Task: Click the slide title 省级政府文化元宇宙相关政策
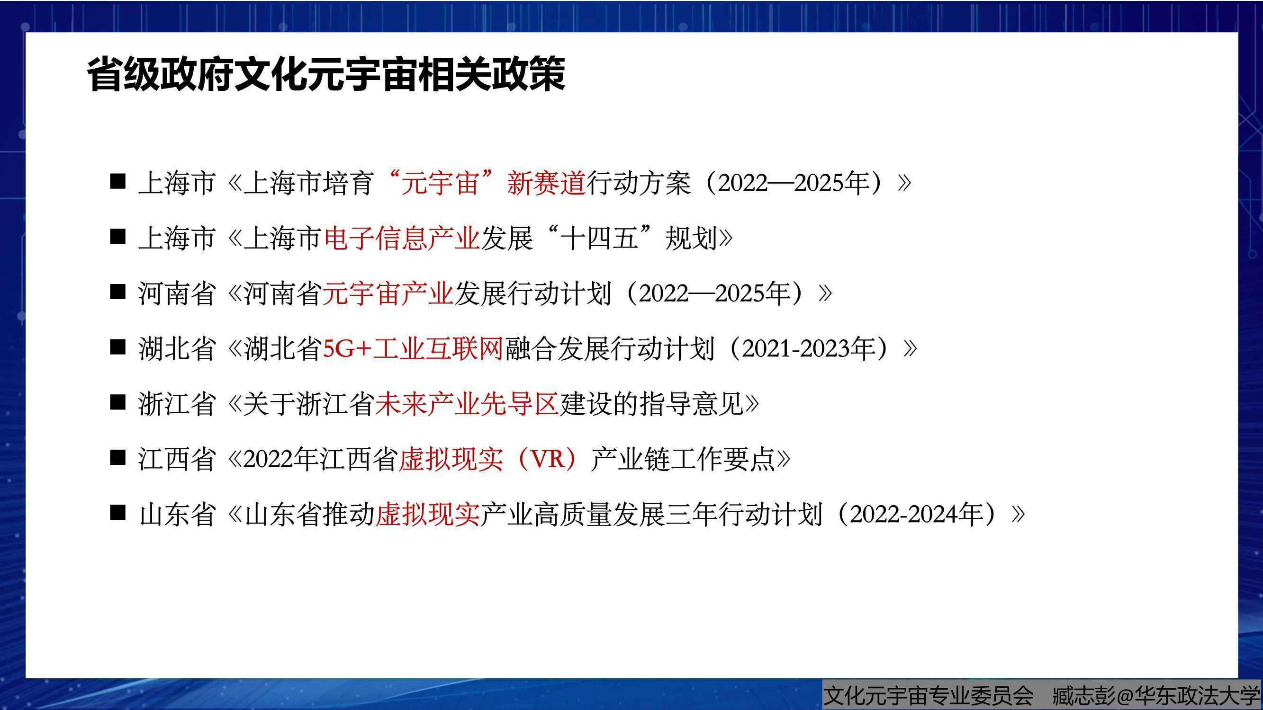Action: click(x=326, y=74)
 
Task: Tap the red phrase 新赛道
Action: click(x=547, y=183)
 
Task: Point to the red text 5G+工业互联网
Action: click(x=413, y=348)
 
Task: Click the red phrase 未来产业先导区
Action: click(x=467, y=404)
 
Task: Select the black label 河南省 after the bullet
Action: click(x=177, y=293)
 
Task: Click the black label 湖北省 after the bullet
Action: click(x=177, y=348)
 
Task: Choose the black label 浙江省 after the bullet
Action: click(x=177, y=404)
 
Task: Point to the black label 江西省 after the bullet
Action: click(x=177, y=459)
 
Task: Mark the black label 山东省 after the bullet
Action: click(x=177, y=515)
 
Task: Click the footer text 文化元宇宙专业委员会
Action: click(x=928, y=695)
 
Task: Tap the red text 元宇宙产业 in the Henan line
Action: click(x=388, y=293)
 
